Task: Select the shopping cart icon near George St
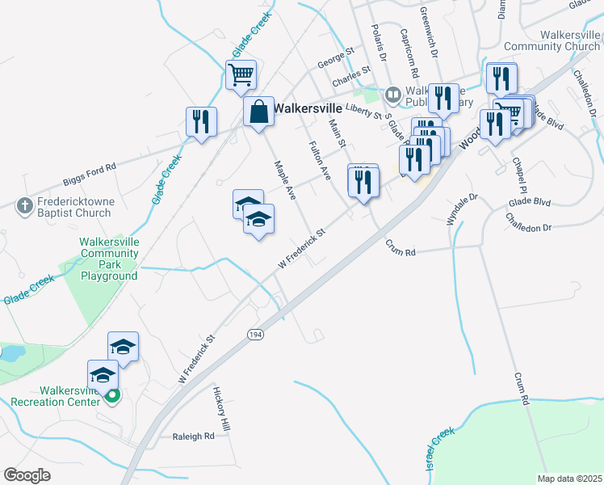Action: [241, 75]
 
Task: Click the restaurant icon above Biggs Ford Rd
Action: [201, 121]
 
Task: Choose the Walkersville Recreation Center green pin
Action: [114, 395]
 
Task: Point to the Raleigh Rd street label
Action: [193, 436]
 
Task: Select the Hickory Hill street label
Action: [221, 407]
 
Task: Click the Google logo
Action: [27, 475]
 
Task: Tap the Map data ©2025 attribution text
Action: [569, 479]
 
